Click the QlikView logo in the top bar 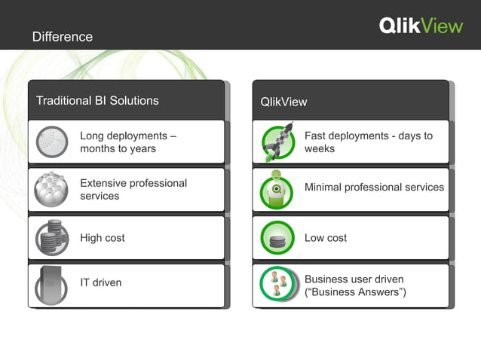tap(421, 26)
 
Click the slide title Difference tap(63, 37)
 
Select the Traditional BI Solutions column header tap(97, 100)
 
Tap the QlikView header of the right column tap(283, 102)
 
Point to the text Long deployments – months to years tap(128, 142)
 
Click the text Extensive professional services tap(133, 189)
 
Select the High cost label tap(103, 238)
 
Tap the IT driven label tap(101, 282)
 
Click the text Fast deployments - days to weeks tap(368, 142)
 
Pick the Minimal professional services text tap(374, 187)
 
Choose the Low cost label tap(326, 238)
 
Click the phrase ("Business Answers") tap(355, 292)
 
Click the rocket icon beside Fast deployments tap(277, 142)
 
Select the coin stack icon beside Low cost tap(277, 239)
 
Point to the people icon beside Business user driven tap(277, 285)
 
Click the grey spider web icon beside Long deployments tap(52, 142)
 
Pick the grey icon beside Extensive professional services tap(52, 189)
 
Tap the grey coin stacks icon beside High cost tap(52, 238)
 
